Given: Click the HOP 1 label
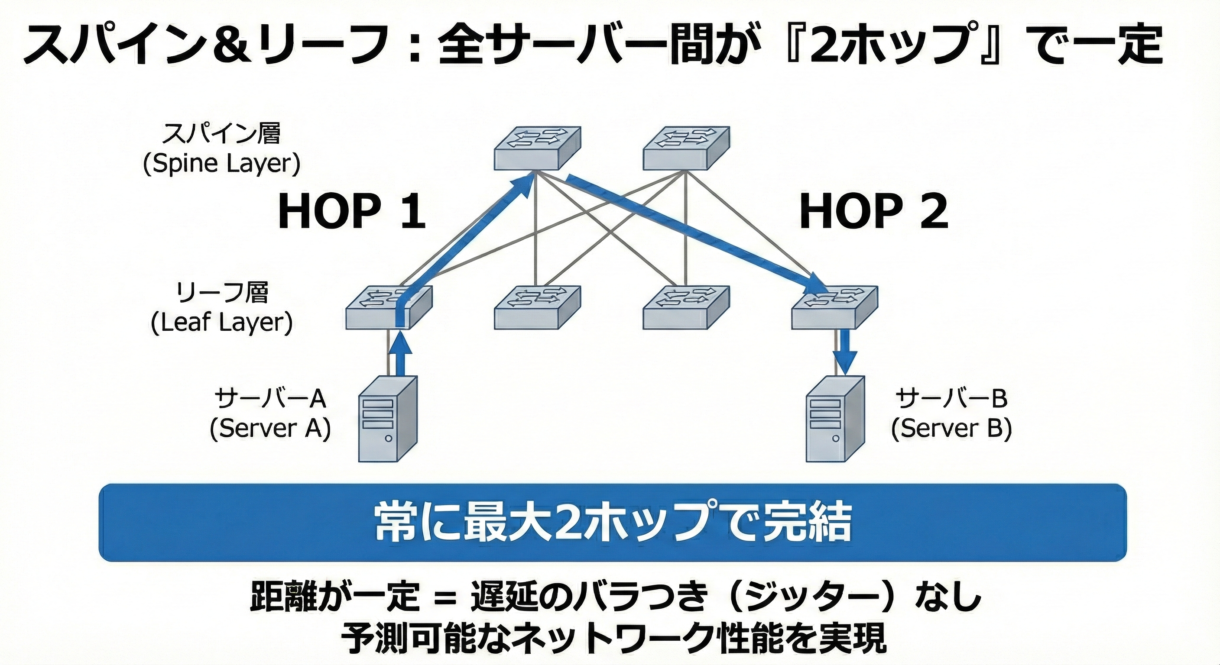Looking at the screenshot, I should point(351,213).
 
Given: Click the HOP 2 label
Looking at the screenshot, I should point(873,213).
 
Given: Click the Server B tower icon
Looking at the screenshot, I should point(835,419).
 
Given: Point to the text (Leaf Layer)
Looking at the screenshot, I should point(222,323).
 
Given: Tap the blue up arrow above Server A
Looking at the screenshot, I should point(400,352).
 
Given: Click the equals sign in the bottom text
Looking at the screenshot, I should point(445,597).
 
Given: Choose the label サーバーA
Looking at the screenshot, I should point(270,399).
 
